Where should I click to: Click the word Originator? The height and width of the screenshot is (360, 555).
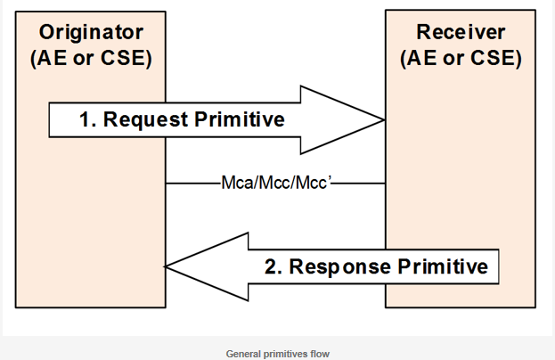point(92,32)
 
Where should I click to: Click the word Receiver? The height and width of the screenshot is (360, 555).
point(461,32)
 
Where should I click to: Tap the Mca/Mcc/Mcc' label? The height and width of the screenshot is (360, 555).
point(276,183)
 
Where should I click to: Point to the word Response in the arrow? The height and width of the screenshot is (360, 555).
point(339,267)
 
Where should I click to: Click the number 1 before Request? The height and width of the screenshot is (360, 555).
point(85,119)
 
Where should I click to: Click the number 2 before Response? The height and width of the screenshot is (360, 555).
point(271,266)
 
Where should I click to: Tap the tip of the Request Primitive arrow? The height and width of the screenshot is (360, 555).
point(384,120)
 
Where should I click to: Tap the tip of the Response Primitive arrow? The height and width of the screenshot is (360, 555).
point(165,266)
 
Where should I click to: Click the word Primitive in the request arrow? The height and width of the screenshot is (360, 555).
point(240,119)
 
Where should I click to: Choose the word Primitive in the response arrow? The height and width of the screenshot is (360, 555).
point(443,266)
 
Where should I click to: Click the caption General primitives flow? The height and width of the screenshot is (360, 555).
point(278,354)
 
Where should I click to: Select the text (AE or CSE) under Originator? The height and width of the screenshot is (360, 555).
point(92,58)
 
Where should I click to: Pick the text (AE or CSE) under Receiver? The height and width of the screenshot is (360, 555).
point(461,58)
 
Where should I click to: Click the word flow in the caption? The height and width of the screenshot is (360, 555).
point(320,354)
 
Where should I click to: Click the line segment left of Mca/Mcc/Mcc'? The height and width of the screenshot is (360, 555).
point(193,184)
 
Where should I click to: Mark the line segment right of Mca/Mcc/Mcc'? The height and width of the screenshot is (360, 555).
point(358,184)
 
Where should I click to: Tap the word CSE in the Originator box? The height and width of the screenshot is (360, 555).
point(124,58)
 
